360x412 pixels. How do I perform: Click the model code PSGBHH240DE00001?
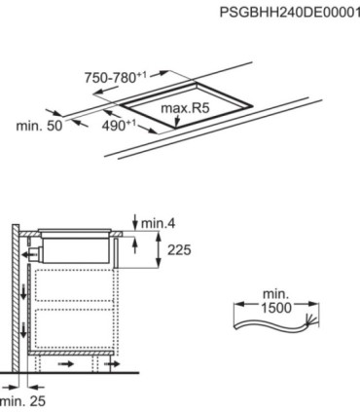[x=290, y=13]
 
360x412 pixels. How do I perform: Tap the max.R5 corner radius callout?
[x=185, y=108]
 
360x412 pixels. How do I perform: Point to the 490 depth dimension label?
[x=119, y=126]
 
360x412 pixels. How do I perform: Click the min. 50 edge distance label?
[x=39, y=126]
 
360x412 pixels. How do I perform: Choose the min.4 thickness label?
[x=159, y=223]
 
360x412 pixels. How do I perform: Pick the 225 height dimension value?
[x=179, y=250]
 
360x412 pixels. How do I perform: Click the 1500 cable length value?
[x=276, y=308]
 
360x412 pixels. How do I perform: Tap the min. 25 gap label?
[x=22, y=401]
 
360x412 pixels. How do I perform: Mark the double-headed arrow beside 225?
[x=159, y=250]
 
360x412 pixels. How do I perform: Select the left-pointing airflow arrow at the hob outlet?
[x=28, y=255]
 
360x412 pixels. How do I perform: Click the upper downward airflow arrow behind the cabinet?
[x=23, y=292]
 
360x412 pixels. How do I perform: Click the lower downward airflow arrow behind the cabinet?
[x=23, y=330]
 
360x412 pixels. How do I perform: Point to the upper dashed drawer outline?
[x=73, y=285]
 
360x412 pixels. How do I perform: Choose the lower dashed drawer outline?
[x=73, y=327]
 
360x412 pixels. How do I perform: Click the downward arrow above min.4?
[x=135, y=221]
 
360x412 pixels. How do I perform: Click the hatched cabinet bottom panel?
[x=71, y=353]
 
